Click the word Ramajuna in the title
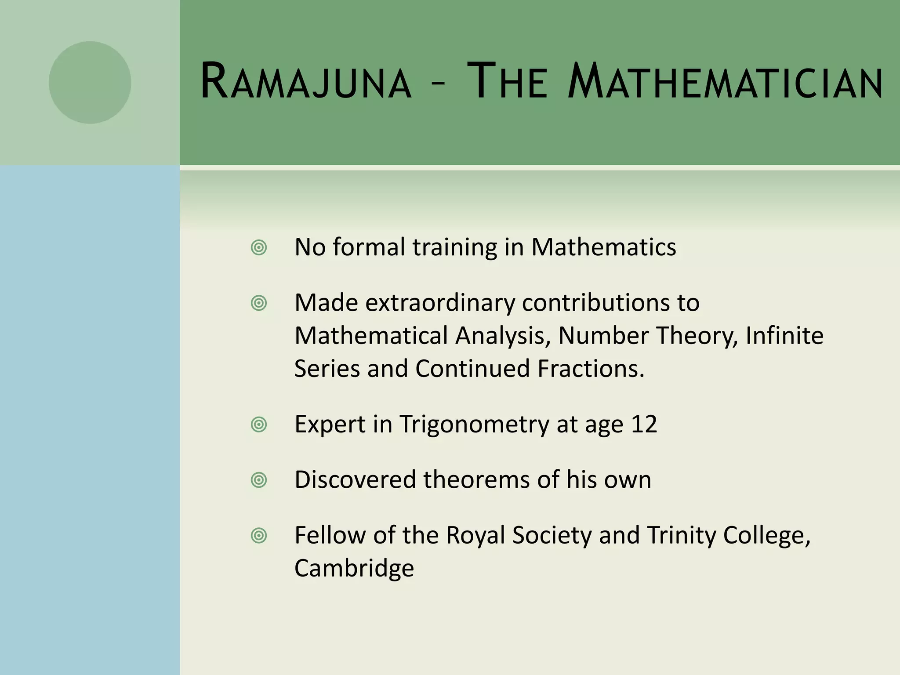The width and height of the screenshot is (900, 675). tap(306, 82)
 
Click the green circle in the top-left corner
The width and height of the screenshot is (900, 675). tap(90, 82)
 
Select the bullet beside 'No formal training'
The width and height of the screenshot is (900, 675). tap(259, 248)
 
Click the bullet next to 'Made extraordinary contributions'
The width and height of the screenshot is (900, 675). tap(259, 303)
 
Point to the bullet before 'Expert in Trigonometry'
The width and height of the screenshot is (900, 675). tap(259, 425)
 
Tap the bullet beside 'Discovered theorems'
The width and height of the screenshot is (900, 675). tap(259, 480)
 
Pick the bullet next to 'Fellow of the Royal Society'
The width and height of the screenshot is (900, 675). tap(259, 535)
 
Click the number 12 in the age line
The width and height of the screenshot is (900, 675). tap(644, 425)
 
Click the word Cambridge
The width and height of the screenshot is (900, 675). tap(354, 568)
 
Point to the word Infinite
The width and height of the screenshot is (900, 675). tap(785, 336)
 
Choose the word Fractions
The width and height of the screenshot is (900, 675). tap(591, 369)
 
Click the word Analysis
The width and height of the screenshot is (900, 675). tap(503, 337)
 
